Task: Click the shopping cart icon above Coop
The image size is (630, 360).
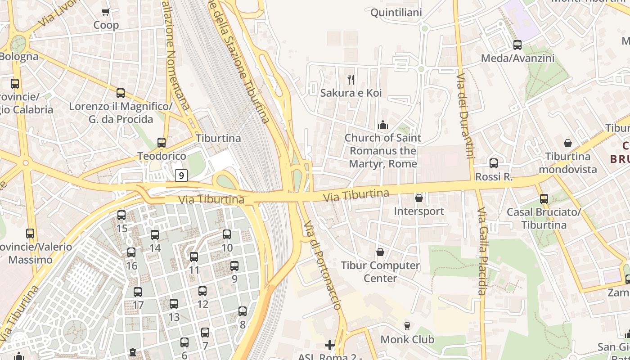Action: point(105,12)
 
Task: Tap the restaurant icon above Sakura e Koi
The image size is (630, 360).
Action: point(351,80)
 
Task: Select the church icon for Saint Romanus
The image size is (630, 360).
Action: point(383,124)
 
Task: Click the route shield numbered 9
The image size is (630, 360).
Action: point(181,175)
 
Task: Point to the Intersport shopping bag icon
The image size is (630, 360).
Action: point(419,198)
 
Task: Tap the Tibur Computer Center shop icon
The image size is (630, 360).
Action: point(380,252)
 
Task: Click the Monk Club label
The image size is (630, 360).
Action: point(407,339)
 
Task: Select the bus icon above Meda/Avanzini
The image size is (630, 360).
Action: point(517,45)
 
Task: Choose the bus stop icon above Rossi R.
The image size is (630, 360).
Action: point(494,163)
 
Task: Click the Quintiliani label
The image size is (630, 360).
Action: point(396,13)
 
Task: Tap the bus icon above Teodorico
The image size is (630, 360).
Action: point(162,143)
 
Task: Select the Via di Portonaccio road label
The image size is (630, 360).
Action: point(322,265)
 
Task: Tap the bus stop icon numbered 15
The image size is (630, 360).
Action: point(121,215)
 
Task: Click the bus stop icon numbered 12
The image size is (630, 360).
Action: point(202,291)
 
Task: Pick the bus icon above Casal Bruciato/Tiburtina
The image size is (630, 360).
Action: point(544,198)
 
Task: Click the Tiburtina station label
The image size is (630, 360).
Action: point(218,138)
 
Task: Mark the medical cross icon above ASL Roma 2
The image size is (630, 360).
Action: point(330,345)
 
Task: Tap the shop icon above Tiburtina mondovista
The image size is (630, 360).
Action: point(568,143)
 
